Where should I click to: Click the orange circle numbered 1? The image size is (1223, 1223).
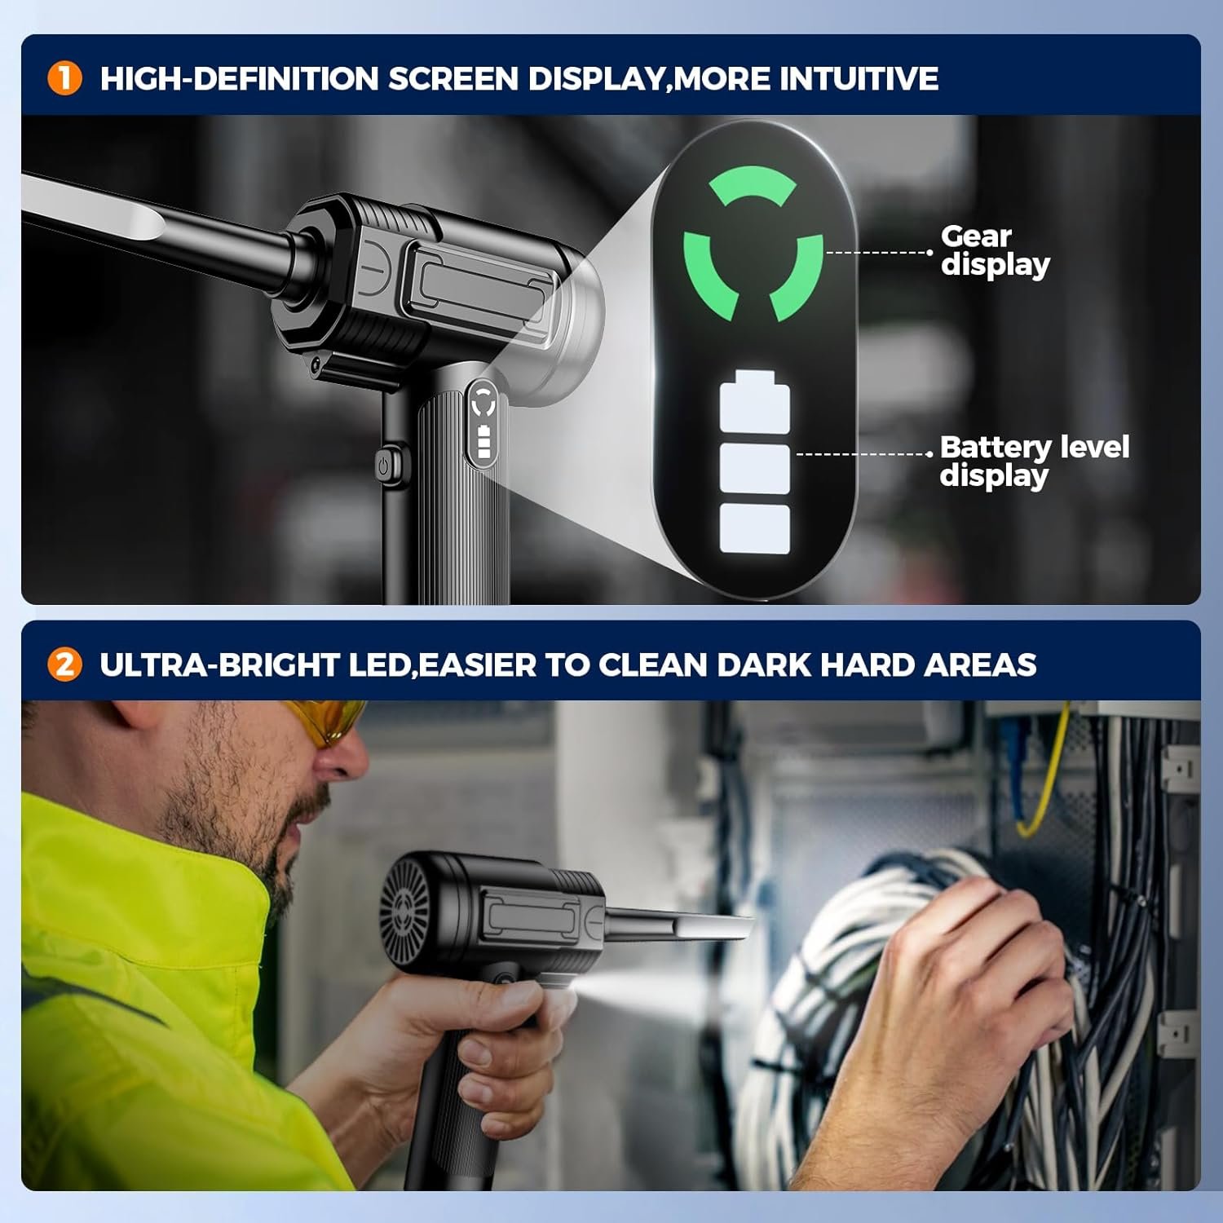pos(64,79)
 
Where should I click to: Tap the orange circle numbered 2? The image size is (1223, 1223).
pos(64,664)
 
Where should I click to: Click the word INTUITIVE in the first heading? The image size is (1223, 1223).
pos(859,79)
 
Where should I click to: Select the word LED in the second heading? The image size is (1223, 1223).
pos(378,664)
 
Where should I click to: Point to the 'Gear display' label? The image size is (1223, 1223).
pos(995,250)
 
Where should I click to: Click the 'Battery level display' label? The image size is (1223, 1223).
pos(1034,461)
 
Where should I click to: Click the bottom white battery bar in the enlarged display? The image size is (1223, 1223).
pos(755,528)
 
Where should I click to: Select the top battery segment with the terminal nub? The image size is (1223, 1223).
pos(755,400)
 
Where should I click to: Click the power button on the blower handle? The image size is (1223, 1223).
pos(384,466)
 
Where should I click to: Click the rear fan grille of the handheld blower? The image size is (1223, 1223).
pos(405,907)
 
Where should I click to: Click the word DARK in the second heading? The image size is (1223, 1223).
pos(764,664)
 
